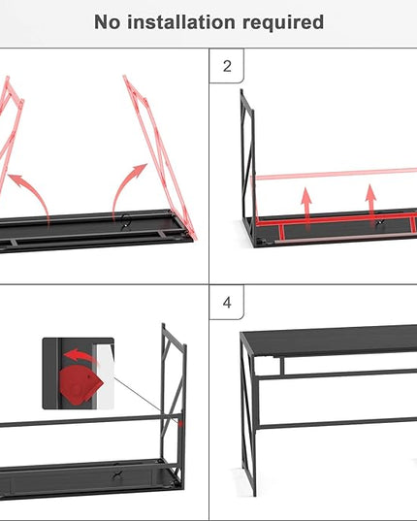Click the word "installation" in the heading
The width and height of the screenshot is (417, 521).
(181, 22)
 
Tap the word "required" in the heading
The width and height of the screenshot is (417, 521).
(283, 22)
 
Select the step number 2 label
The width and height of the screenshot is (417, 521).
(227, 66)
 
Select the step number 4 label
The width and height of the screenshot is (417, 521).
(227, 303)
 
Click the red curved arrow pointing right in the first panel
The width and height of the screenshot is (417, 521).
(124, 186)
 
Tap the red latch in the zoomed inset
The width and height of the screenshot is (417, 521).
(80, 385)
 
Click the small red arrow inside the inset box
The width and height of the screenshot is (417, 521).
(80, 356)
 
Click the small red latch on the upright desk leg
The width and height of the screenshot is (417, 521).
(180, 424)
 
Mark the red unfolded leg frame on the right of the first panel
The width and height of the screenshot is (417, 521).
(159, 156)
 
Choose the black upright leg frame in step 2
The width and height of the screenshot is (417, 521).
(248, 166)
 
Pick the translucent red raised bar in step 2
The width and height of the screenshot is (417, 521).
(334, 174)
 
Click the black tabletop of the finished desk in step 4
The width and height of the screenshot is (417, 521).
(329, 341)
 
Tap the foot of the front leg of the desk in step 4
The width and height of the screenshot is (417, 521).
(254, 494)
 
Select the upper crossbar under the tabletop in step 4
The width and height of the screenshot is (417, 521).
(337, 374)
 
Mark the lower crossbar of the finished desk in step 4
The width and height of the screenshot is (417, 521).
(337, 423)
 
